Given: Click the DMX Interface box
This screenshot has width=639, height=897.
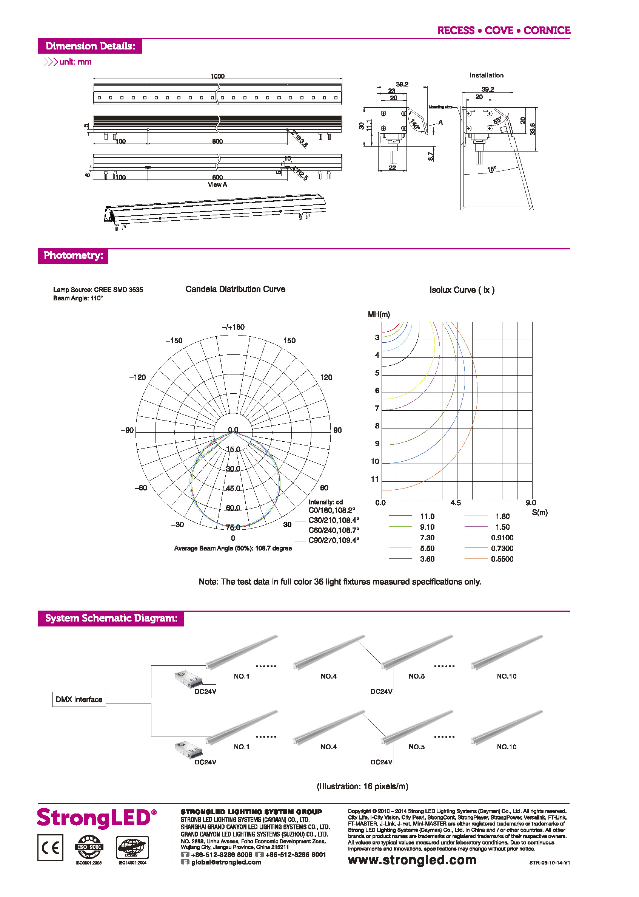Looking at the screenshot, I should click(79, 699).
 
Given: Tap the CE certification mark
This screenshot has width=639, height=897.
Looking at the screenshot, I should click(50, 848).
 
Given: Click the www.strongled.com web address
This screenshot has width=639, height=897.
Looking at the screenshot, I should click(412, 860).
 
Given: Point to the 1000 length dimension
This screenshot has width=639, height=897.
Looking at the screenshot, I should click(217, 76).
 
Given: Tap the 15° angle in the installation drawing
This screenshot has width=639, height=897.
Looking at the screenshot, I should click(491, 169).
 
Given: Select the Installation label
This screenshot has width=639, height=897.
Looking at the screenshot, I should click(487, 75).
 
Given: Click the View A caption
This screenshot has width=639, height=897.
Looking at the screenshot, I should click(217, 185).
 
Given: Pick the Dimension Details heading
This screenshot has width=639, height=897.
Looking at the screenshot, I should click(90, 46).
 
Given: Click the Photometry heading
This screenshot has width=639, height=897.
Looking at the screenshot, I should click(73, 255).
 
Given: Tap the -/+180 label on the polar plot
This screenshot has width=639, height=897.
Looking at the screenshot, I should click(233, 327).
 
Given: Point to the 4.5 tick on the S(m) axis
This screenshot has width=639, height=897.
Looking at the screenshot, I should click(455, 503).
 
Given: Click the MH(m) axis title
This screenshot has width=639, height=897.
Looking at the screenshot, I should click(379, 314).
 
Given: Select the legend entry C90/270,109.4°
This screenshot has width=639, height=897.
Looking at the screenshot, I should click(333, 540).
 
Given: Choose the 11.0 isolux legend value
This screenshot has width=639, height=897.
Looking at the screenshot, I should click(427, 517).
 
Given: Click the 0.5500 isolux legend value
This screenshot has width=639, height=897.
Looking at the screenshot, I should click(502, 559).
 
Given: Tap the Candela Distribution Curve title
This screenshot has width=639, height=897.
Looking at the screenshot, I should click(235, 289).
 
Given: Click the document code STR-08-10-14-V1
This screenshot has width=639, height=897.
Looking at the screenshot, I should click(549, 863).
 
